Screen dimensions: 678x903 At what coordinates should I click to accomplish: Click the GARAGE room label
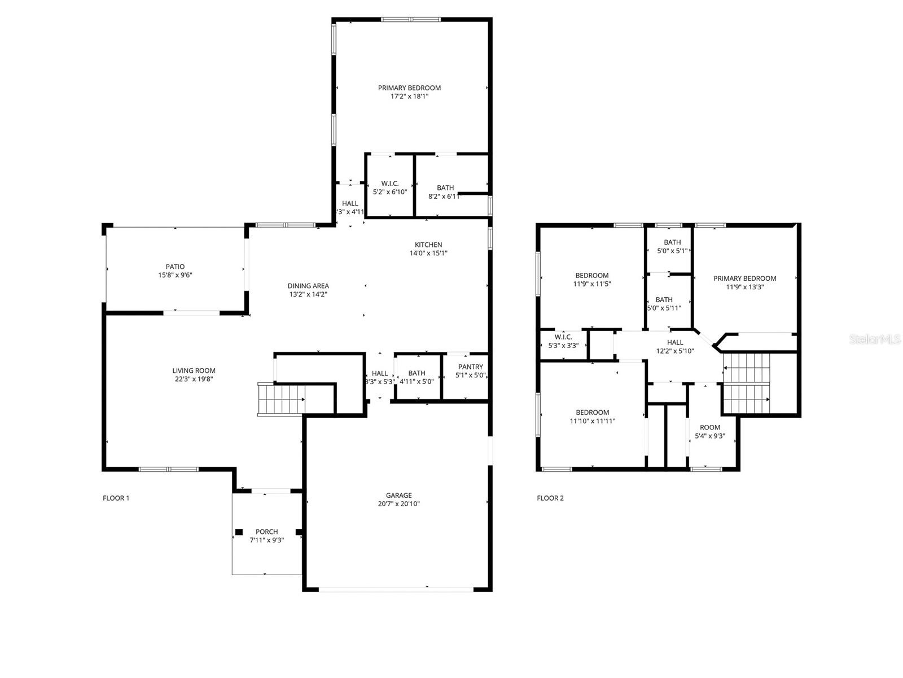[x=398, y=496]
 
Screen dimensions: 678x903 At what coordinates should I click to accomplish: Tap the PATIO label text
[x=175, y=267]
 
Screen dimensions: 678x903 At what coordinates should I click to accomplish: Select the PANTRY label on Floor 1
[x=470, y=367]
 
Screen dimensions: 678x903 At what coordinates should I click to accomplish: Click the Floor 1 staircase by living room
[x=281, y=399]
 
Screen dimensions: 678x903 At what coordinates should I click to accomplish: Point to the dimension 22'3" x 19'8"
[x=194, y=380]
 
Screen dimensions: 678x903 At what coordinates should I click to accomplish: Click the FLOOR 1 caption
[x=116, y=498]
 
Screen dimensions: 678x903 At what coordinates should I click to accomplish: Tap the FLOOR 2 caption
[x=550, y=498]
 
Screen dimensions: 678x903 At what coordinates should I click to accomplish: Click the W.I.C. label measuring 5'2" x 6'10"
[x=389, y=184]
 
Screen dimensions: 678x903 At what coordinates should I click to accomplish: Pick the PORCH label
[x=266, y=532]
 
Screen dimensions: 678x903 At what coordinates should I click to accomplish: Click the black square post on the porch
[x=239, y=532]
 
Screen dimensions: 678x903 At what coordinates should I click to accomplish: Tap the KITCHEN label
[x=428, y=245]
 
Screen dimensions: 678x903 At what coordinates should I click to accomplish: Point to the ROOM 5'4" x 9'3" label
[x=710, y=428]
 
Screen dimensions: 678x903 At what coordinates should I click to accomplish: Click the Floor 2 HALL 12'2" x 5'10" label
[x=675, y=342]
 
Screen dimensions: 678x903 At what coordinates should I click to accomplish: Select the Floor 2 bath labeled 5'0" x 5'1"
[x=672, y=242]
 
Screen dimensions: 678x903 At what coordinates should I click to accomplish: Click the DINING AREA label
[x=308, y=286]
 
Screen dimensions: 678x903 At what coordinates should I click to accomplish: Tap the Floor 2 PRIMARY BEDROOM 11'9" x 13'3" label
[x=744, y=279]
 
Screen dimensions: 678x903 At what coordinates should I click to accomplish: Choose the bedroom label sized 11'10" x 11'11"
[x=592, y=412]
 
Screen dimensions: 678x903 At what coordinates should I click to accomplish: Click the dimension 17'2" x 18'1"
[x=409, y=97]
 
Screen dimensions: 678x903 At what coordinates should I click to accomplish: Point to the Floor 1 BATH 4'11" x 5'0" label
[x=417, y=373]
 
